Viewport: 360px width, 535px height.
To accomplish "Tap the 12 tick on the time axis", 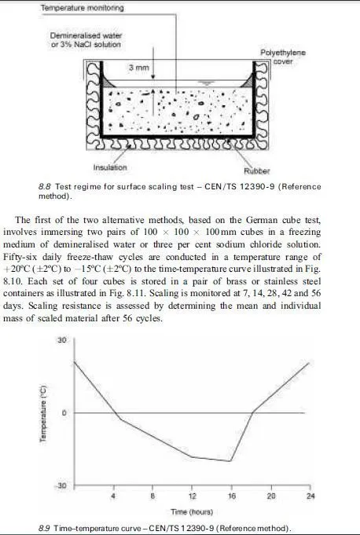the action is pyautogui.click(x=192, y=497).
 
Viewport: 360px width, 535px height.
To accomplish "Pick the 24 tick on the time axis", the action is pyautogui.click(x=310, y=497).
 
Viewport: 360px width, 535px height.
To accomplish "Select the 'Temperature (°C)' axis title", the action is pyautogui.click(x=43, y=412).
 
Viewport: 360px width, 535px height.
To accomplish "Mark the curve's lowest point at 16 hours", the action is pyautogui.click(x=231, y=461).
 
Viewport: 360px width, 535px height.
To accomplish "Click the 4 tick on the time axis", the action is pyautogui.click(x=113, y=497).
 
